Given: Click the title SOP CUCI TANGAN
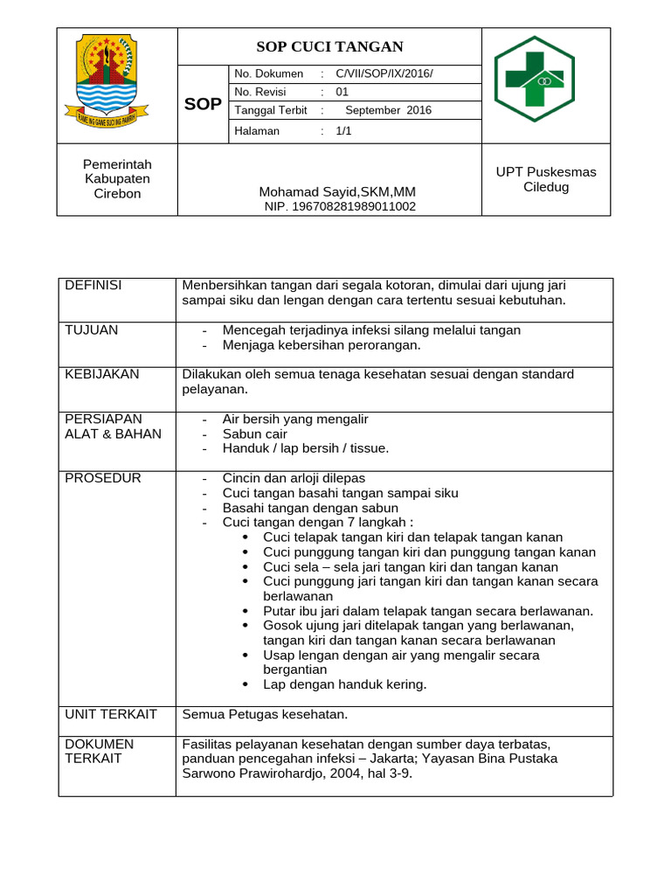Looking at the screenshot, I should tap(329, 47).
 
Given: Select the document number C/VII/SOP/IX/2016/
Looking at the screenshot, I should tap(384, 73).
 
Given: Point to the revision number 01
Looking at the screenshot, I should tap(342, 92).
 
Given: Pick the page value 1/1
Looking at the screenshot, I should tap(342, 130).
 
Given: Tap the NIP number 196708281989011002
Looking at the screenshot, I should tap(340, 207).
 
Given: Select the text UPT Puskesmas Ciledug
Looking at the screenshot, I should tap(546, 179).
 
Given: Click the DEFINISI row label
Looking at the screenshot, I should tap(93, 286).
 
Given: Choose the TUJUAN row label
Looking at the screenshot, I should tap(92, 330).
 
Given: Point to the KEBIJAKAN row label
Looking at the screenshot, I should tap(102, 374).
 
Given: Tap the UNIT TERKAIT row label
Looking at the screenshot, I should tap(111, 714).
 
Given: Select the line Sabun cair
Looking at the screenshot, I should tap(254, 434).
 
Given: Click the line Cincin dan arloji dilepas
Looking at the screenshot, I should tap(294, 478).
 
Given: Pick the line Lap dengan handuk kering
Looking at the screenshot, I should tap(344, 684).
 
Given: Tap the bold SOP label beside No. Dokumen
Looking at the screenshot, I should tap(204, 105).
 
